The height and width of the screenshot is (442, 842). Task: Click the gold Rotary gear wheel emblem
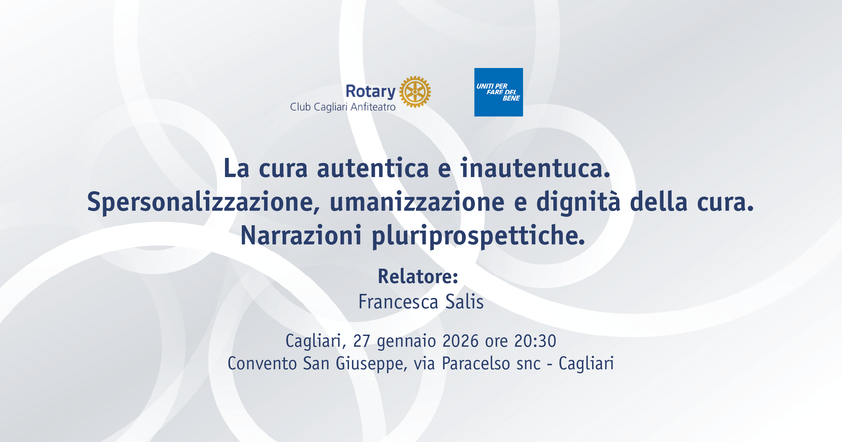pyautogui.click(x=415, y=92)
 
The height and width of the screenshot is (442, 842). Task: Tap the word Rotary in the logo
pyautogui.click(x=370, y=92)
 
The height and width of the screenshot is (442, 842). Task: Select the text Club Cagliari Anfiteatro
pyautogui.click(x=343, y=107)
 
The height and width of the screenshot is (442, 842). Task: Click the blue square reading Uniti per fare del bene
pyautogui.click(x=498, y=92)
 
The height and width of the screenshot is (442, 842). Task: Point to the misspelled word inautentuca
pyautogui.click(x=535, y=168)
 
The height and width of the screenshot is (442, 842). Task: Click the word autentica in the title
pyautogui.click(x=373, y=168)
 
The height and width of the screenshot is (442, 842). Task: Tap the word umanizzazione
pyautogui.click(x=417, y=202)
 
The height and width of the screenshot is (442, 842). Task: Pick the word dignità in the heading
pyautogui.click(x=578, y=202)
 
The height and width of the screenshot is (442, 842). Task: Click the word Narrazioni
pyautogui.click(x=301, y=235)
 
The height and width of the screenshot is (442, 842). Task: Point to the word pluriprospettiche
pyautogui.click(x=478, y=236)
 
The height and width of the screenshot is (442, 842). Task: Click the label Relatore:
pyautogui.click(x=418, y=276)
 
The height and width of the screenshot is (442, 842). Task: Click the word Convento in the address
pyautogui.click(x=262, y=364)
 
